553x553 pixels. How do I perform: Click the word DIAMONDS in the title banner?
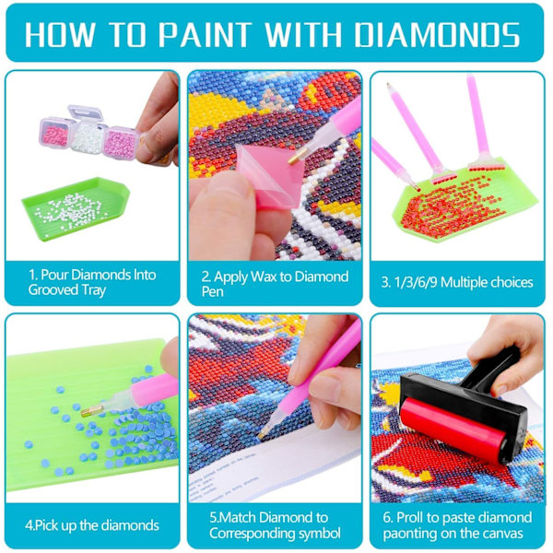[x=437, y=34]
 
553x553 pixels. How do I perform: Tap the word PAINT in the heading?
[x=205, y=34]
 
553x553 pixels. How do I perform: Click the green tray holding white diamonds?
[x=76, y=208]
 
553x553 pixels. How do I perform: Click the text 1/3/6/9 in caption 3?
[x=416, y=282]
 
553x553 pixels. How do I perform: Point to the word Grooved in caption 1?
[x=53, y=290]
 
